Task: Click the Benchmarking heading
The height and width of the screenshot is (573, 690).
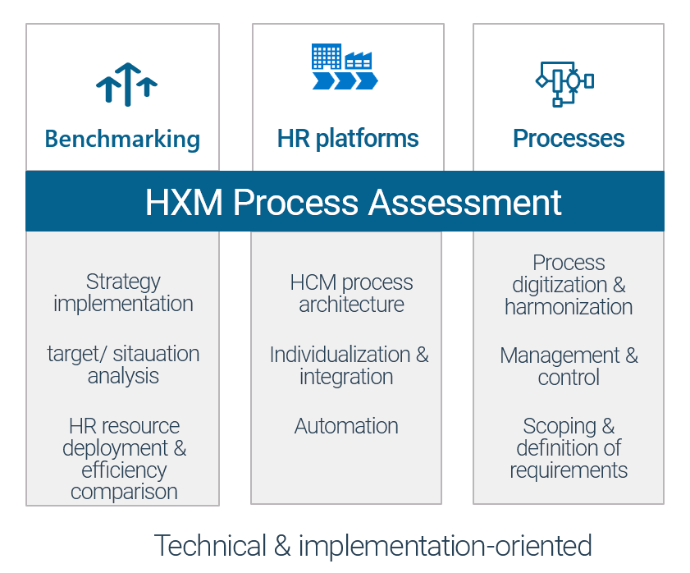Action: (x=122, y=140)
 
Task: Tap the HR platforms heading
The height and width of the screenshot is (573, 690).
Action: (x=348, y=139)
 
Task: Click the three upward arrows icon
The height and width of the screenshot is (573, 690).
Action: (x=126, y=85)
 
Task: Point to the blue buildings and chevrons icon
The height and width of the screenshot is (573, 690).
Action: (x=345, y=66)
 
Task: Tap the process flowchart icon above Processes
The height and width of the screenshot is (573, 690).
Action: (x=564, y=84)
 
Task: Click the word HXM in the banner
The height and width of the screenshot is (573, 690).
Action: (x=184, y=203)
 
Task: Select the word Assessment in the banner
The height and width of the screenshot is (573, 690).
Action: (x=464, y=203)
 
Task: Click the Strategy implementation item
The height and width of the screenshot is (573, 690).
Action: (x=123, y=292)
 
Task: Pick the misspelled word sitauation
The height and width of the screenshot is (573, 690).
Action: (x=156, y=354)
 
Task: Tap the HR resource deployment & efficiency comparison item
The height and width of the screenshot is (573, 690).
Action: (x=124, y=459)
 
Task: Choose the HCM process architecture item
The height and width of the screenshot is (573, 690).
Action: (x=351, y=293)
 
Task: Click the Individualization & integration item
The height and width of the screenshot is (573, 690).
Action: (x=349, y=365)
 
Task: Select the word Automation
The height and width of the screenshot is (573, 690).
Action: (x=346, y=426)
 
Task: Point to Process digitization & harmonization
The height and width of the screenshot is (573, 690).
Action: (x=569, y=285)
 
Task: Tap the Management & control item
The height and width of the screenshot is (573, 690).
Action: (x=569, y=366)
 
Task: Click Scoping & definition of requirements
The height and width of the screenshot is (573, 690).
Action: (x=569, y=448)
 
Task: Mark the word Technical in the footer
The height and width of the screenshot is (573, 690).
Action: (x=210, y=545)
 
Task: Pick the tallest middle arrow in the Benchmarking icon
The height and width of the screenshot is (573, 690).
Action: (x=128, y=85)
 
